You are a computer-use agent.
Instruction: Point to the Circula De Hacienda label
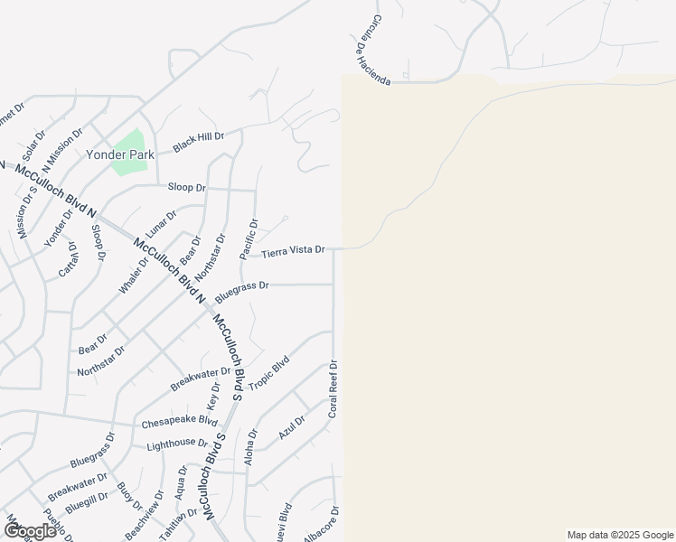click(x=369, y=51)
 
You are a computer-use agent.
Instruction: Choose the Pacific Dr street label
click(x=249, y=239)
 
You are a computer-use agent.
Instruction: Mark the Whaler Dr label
click(x=131, y=276)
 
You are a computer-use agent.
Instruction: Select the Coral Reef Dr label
click(x=333, y=389)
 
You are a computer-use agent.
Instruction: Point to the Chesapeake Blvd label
click(x=180, y=422)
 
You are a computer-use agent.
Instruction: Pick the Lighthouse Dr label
click(x=177, y=443)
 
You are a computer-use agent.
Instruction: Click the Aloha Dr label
click(x=250, y=446)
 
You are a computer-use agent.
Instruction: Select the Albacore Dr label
click(x=321, y=526)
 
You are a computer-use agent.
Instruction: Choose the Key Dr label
click(x=215, y=395)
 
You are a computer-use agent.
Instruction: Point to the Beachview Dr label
click(x=145, y=516)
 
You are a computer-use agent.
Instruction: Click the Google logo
click(x=30, y=530)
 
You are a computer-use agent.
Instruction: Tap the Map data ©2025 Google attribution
click(x=620, y=535)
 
